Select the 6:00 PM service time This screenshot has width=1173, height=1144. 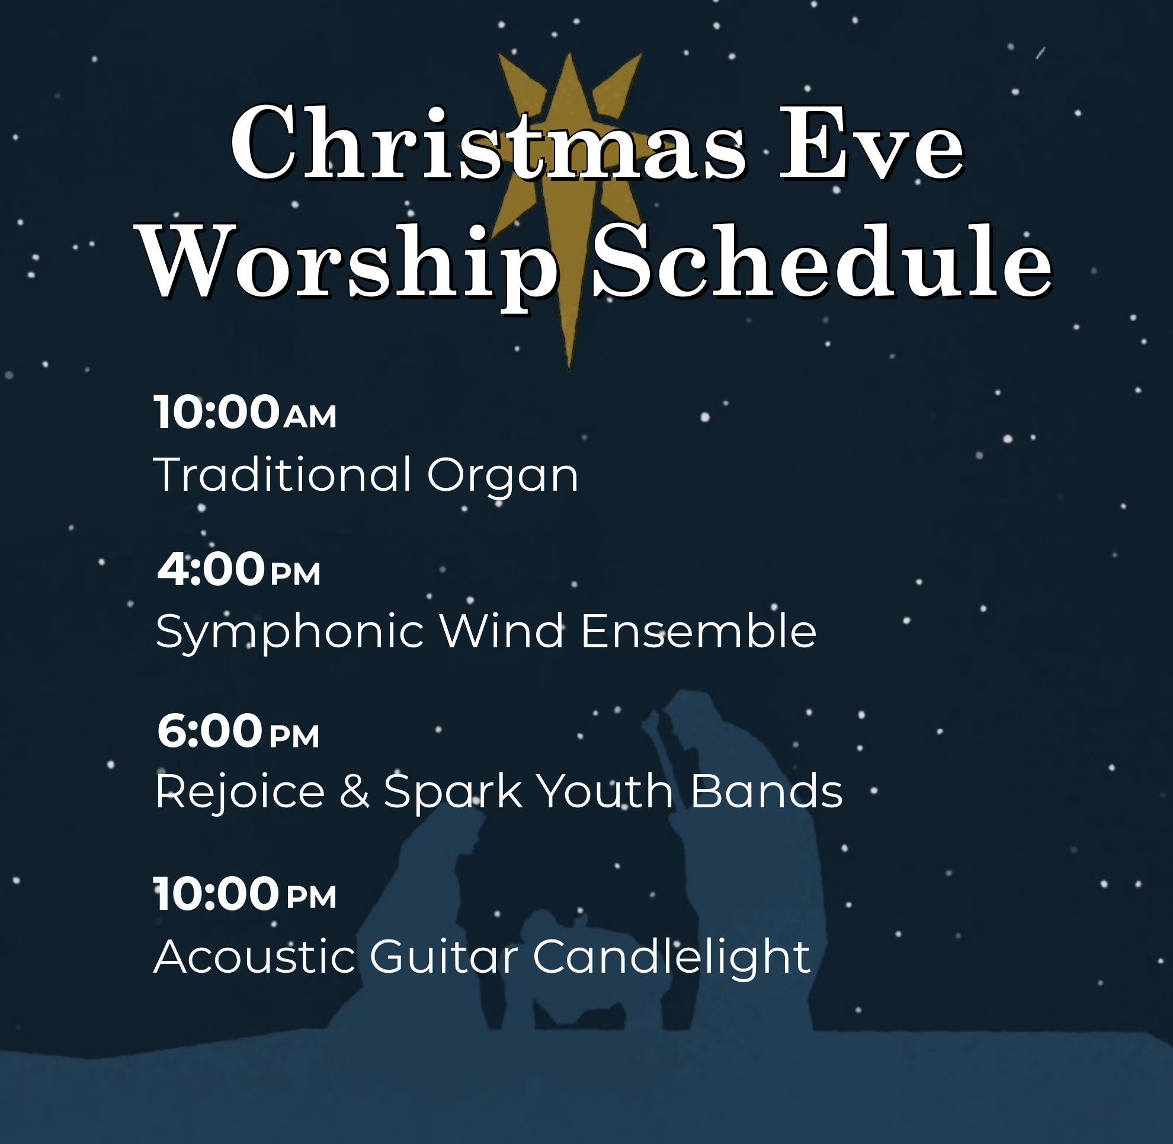(x=238, y=731)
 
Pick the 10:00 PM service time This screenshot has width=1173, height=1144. (x=245, y=894)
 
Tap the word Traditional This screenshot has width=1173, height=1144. (x=283, y=474)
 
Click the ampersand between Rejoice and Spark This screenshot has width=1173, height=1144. (x=354, y=791)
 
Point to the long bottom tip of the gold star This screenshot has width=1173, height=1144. (x=568, y=368)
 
